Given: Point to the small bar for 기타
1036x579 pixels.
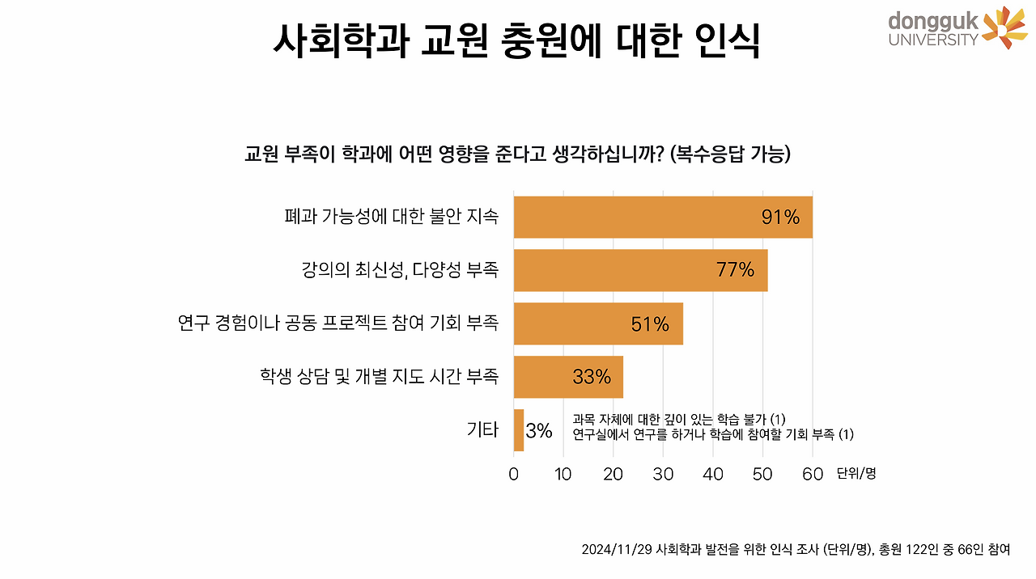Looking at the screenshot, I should tap(519, 430).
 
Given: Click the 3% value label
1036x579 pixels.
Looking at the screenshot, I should tap(539, 431).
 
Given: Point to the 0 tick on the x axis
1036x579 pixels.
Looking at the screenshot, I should tap(514, 474).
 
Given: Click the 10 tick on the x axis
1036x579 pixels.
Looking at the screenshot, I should tap(563, 474).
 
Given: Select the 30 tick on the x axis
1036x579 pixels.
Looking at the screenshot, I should tap(663, 474).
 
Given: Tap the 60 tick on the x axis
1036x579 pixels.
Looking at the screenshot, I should tap(813, 474).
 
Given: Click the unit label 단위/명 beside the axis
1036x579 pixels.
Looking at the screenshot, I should tap(856, 474).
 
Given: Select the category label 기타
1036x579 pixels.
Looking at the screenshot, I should tap(482, 430).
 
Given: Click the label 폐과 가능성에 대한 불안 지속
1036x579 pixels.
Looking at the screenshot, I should tap(391, 217).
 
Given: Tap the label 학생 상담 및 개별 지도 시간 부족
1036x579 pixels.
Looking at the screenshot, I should tap(379, 377).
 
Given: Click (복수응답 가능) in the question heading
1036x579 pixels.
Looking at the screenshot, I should tap(730, 154).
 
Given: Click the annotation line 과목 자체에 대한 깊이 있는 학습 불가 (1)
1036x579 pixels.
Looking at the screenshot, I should tap(679, 418).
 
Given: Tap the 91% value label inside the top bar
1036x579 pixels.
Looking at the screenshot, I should tap(780, 217).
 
